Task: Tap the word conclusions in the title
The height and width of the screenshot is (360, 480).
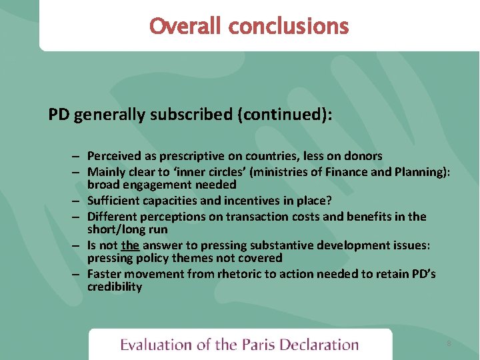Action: [x=288, y=26]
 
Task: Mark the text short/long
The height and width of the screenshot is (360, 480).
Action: [x=115, y=229]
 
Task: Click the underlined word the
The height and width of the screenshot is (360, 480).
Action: [x=130, y=245]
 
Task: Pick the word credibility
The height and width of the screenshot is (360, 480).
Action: [x=114, y=287]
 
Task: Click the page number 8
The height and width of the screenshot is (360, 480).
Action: [x=449, y=343]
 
